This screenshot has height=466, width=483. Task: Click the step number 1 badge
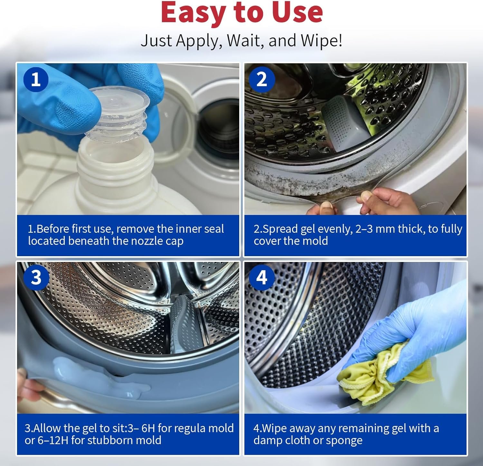point(36,79)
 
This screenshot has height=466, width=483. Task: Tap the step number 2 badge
point(262,79)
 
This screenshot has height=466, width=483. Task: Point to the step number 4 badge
point(262,277)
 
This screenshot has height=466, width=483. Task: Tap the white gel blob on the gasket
point(97,377)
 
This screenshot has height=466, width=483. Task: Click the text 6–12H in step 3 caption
point(53,440)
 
